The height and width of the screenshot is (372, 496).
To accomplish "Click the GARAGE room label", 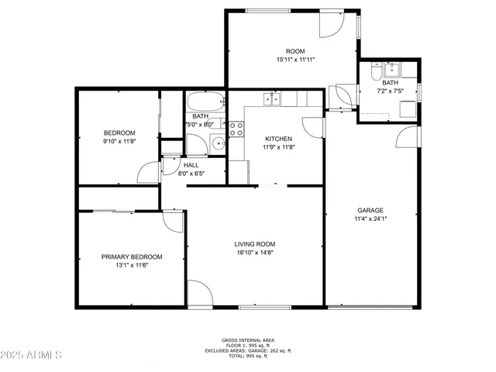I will coord(370,210).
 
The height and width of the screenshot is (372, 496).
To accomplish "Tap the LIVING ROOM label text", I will coord(255,243).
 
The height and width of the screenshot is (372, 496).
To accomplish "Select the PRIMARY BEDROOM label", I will coord(132,257).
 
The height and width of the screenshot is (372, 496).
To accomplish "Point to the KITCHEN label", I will coord(277,139).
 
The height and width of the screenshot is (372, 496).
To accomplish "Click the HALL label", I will coord(191,165).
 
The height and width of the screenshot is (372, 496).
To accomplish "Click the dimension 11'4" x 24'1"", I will coord(370,219).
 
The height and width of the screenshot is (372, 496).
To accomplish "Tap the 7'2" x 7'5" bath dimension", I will coord(390,91).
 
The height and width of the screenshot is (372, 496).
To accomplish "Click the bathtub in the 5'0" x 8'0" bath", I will coord(205,102).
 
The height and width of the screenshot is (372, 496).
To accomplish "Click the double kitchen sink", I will coord(272,98).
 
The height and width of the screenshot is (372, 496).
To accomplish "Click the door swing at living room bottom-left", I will coord(200,293).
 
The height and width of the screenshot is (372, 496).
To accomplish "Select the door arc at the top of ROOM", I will coord(330,24).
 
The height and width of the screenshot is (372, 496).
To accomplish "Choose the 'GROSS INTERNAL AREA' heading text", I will coord(247,340).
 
